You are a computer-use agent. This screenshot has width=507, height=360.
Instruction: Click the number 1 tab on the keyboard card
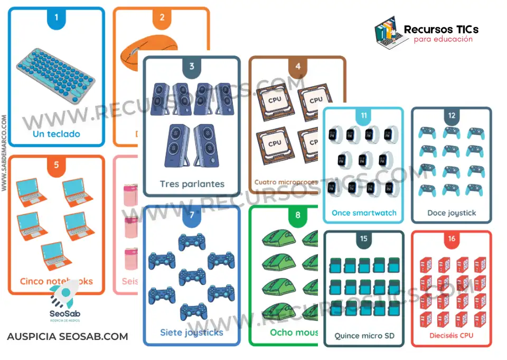[57, 18]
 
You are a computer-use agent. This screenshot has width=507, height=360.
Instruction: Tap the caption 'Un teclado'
[57, 134]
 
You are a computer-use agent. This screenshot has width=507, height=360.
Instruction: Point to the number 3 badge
[192, 67]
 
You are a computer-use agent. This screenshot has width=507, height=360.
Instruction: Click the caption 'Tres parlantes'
[192, 184]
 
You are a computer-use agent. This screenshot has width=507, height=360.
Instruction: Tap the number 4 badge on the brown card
[298, 67]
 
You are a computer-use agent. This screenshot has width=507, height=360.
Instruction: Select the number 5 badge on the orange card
[57, 165]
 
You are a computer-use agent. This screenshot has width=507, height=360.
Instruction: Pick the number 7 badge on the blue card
[192, 215]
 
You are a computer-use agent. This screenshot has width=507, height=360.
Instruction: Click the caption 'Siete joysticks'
[192, 333]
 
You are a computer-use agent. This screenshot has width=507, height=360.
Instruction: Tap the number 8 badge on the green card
[298, 215]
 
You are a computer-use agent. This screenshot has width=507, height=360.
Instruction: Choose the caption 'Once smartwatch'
[364, 213]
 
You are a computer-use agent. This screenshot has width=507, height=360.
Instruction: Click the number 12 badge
[452, 116]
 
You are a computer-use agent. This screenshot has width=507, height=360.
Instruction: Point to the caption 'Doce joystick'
[452, 213]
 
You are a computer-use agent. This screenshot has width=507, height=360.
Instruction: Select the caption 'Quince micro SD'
[364, 336]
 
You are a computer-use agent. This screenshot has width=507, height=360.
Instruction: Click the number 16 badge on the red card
[452, 239]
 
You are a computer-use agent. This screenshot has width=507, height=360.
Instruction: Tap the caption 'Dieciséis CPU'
[452, 336]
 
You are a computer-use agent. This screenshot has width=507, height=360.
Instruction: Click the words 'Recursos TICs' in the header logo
[442, 30]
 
